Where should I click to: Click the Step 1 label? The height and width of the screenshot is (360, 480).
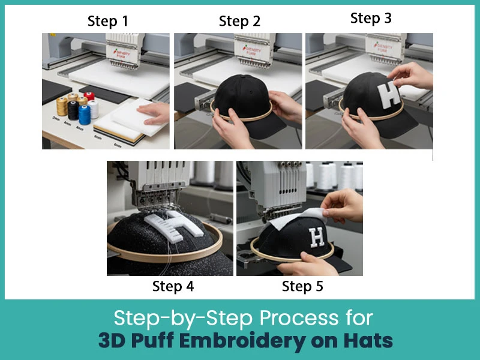click(107, 22)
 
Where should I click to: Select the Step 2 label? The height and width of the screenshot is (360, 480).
click(239, 22)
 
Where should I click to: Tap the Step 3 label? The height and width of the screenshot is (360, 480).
click(371, 18)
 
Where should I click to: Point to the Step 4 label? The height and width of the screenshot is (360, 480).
click(173, 286)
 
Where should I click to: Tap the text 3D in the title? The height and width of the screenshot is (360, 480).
click(112, 341)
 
